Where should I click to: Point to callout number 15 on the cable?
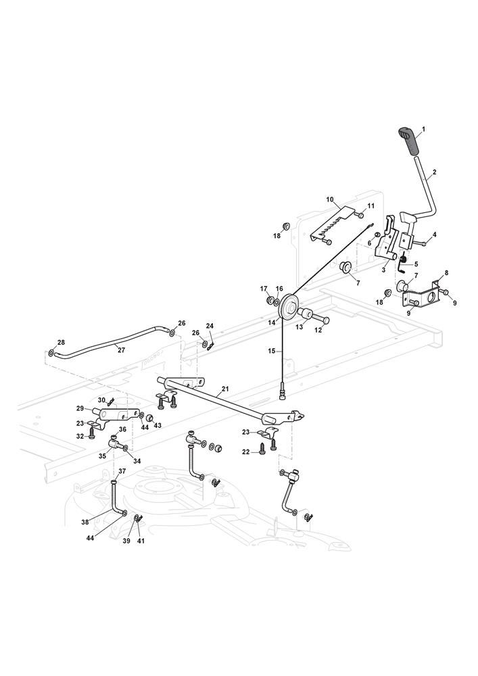click(x=272, y=351)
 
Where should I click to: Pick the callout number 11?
click(x=371, y=206)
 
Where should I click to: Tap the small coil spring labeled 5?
click(x=402, y=259)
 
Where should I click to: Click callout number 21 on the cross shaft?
click(x=224, y=390)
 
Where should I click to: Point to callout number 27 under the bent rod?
click(x=121, y=349)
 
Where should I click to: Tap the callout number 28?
click(x=61, y=342)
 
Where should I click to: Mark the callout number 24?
click(x=210, y=327)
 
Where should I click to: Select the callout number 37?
click(x=122, y=471)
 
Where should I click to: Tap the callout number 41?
click(x=141, y=541)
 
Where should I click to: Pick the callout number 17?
click(x=264, y=289)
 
